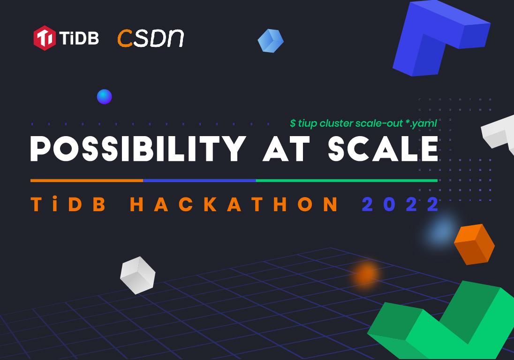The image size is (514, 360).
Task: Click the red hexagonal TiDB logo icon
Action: click(x=45, y=38)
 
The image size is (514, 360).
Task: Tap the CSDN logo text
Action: click(x=151, y=38)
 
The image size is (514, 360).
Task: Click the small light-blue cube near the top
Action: click(x=271, y=41)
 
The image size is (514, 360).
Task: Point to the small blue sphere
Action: click(x=105, y=97)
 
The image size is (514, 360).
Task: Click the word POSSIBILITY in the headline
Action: click(x=138, y=149)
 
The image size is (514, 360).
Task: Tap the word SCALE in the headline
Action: click(x=383, y=149)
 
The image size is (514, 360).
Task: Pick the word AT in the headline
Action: click(x=287, y=149)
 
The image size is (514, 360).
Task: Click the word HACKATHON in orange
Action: click(x=234, y=205)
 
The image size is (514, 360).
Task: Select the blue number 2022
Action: click(x=400, y=205)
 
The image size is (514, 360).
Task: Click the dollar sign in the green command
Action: click(x=293, y=123)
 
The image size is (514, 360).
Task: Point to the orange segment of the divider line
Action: click(x=87, y=181)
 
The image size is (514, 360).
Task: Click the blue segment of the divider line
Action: click(x=199, y=181)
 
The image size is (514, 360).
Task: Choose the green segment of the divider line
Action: click(x=347, y=181)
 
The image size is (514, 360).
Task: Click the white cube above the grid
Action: click(x=138, y=276)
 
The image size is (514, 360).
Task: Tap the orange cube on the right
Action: click(x=474, y=245)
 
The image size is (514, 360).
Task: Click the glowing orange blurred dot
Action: click(x=365, y=273)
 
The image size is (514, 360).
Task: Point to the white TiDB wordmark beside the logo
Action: click(x=79, y=38)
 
